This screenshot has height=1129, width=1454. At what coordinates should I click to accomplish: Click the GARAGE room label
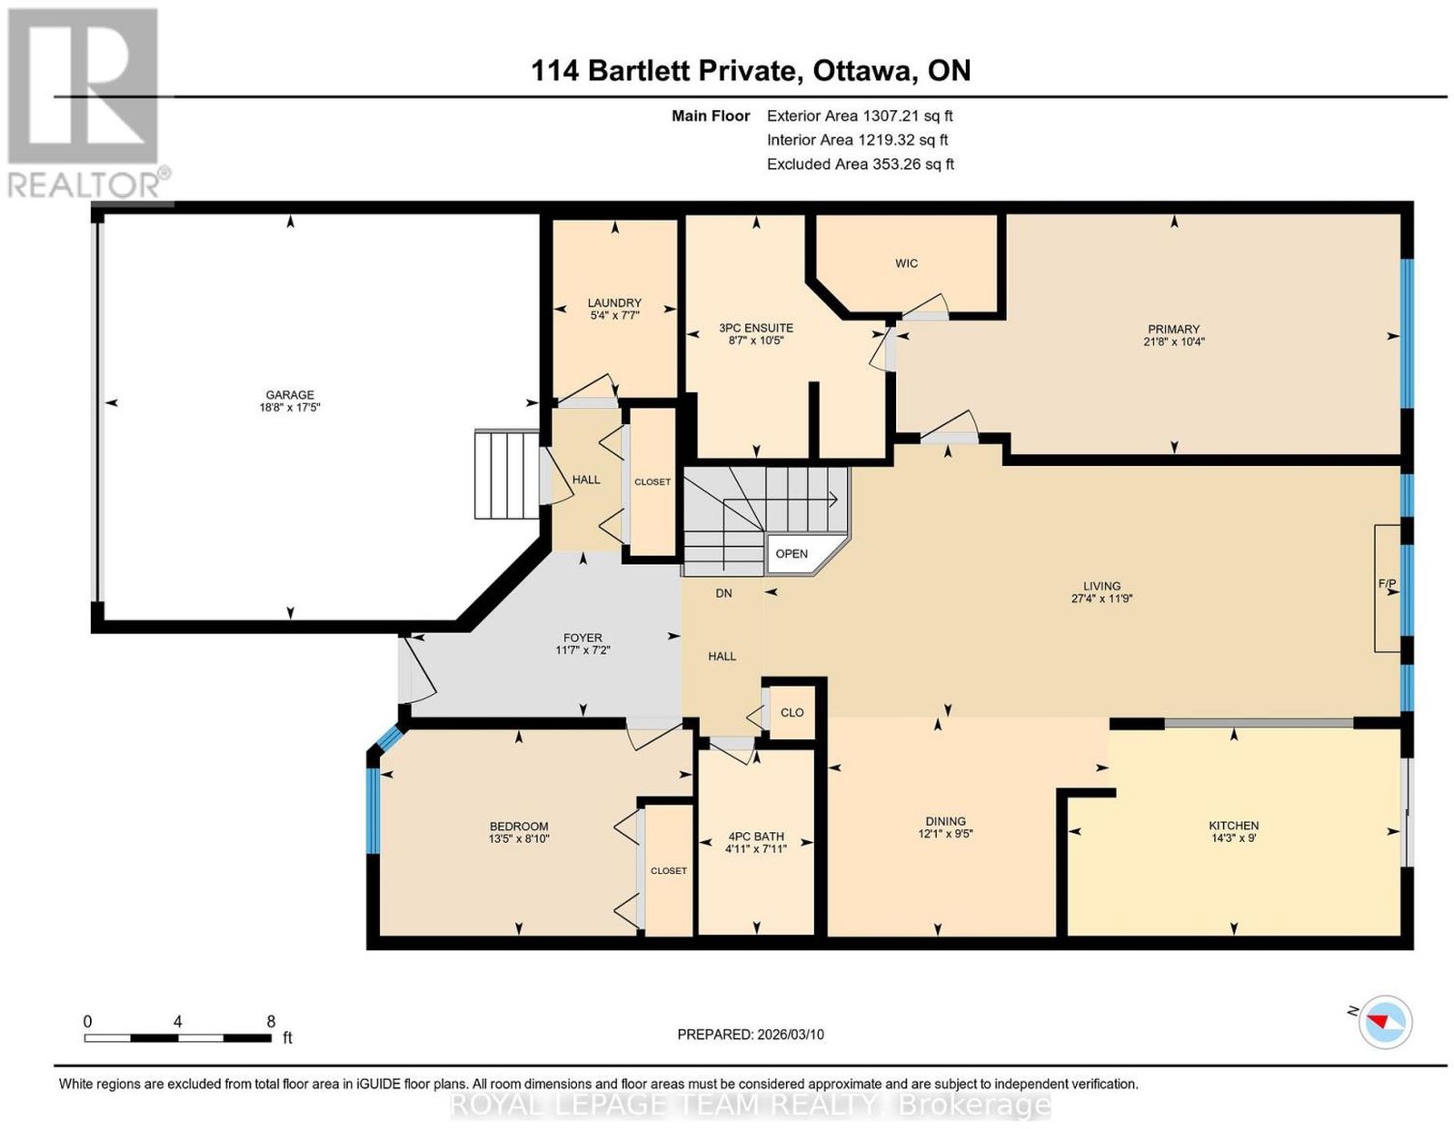point(290,394)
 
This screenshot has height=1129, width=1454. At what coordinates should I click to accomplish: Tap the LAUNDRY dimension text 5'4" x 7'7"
point(614,315)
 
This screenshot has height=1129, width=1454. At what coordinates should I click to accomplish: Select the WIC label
point(906,263)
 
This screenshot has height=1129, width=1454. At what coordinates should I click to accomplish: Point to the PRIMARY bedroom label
point(1173,329)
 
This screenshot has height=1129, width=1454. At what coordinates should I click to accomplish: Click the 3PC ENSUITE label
point(756,328)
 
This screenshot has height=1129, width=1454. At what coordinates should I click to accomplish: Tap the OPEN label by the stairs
point(792,553)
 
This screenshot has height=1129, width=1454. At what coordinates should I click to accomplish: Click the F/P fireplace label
point(1387,583)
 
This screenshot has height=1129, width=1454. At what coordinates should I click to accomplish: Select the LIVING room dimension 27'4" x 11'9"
point(1101,599)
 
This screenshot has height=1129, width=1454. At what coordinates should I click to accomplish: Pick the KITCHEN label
point(1234,826)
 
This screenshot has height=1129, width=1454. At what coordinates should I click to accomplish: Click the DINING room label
point(945,821)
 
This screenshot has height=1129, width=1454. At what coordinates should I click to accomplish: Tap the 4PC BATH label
point(756,837)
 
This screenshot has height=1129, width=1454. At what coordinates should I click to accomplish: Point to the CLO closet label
point(792,712)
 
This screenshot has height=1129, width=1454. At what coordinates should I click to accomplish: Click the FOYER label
point(583,638)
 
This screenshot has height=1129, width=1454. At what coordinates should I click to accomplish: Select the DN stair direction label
point(723,593)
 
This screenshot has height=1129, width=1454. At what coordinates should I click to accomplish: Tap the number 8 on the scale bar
point(271,1022)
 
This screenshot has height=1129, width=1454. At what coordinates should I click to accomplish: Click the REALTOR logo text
point(85,185)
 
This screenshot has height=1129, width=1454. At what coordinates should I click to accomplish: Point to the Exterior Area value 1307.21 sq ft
point(908,115)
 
